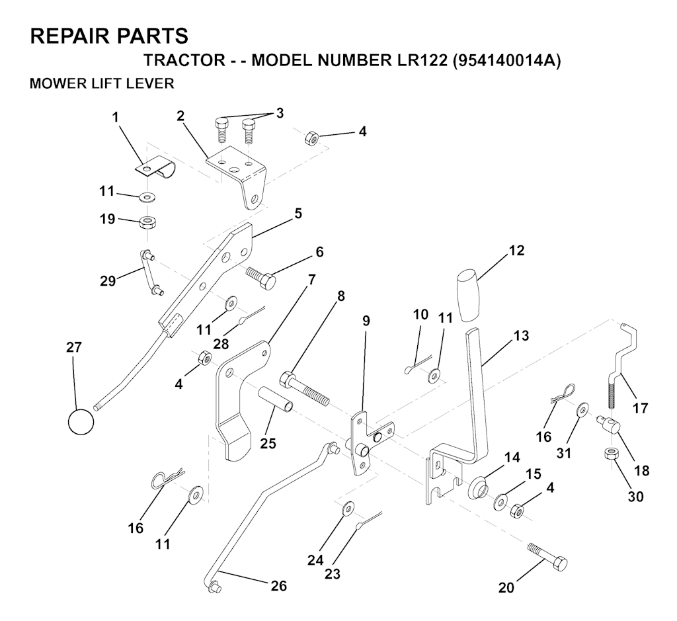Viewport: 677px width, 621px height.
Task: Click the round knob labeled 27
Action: point(81,421)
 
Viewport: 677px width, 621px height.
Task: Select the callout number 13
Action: point(521,335)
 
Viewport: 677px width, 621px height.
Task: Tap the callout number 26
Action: point(278,585)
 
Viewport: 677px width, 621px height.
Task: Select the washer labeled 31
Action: point(583,408)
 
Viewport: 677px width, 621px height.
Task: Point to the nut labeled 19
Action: point(147,224)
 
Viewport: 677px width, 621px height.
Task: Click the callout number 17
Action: point(640,407)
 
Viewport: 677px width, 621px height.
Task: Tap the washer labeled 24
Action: point(348,509)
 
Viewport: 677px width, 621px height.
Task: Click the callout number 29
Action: point(108,280)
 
